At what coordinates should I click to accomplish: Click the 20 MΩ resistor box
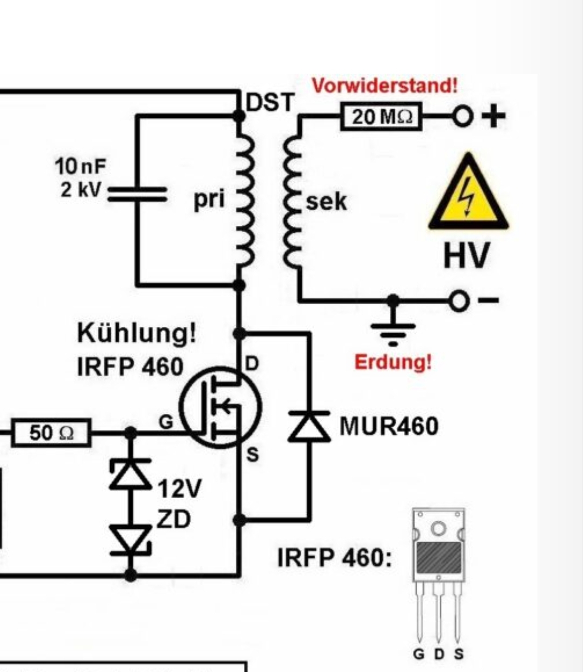click(x=381, y=116)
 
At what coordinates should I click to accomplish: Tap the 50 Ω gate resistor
click(x=51, y=433)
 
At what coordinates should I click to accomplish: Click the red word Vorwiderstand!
click(x=384, y=86)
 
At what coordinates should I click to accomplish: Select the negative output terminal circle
click(x=459, y=300)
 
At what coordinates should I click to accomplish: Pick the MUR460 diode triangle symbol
click(x=309, y=426)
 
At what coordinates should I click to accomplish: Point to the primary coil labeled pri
click(x=243, y=200)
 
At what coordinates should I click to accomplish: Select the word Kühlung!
click(x=137, y=333)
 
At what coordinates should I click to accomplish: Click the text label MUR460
click(x=389, y=426)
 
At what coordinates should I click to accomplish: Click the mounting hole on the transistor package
click(x=438, y=527)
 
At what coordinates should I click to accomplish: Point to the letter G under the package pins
click(x=418, y=654)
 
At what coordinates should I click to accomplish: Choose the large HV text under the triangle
click(x=467, y=255)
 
